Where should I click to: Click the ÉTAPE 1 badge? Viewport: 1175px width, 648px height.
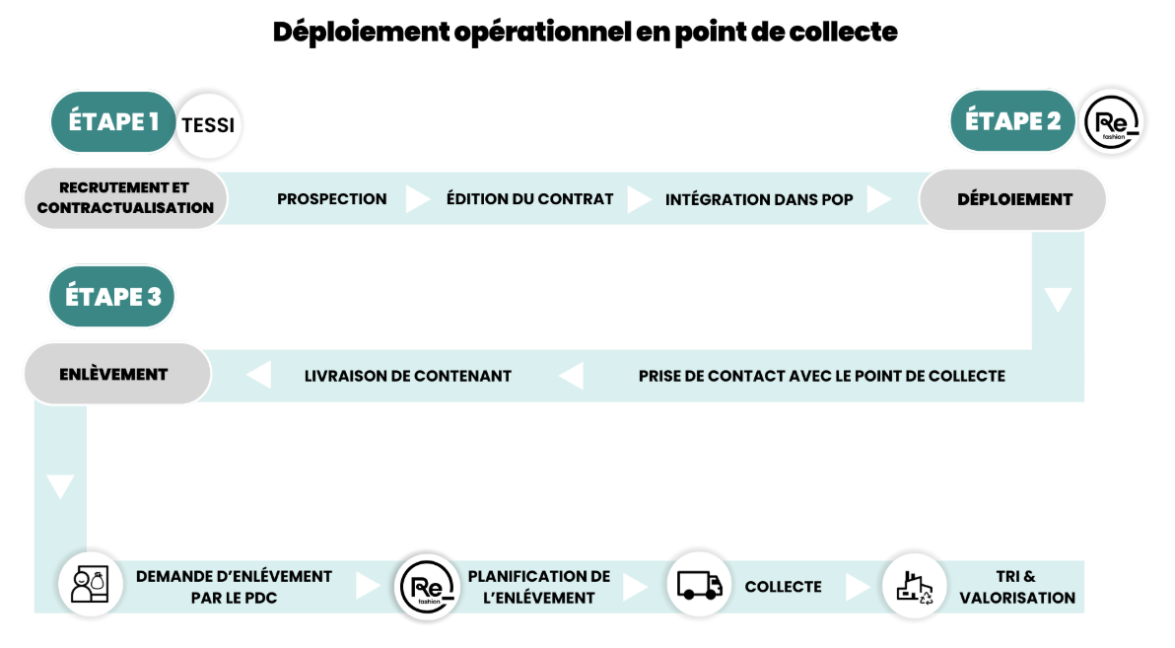(x=113, y=122)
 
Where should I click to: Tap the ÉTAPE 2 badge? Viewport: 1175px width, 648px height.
(x=1012, y=120)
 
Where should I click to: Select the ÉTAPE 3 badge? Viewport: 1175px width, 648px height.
(x=111, y=296)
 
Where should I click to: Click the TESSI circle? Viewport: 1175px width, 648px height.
(x=208, y=125)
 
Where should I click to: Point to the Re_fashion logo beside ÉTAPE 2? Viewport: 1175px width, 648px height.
(x=1113, y=122)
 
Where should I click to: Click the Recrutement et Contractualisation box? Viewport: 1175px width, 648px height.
(x=125, y=198)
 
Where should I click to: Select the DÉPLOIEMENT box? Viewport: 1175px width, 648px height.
(x=1013, y=199)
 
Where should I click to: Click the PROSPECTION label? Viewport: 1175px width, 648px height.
(x=332, y=199)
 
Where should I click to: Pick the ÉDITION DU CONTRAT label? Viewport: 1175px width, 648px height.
(x=529, y=199)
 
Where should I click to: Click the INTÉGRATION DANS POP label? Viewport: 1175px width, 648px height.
(x=759, y=200)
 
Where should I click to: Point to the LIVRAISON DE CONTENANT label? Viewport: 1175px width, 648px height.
(x=408, y=377)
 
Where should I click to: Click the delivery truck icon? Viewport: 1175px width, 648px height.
(x=699, y=585)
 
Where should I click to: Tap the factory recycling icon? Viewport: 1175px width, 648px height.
(x=915, y=586)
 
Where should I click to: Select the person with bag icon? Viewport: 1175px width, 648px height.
(x=91, y=585)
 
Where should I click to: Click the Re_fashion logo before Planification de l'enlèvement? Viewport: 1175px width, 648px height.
(x=427, y=587)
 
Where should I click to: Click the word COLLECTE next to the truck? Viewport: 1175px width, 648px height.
(x=783, y=587)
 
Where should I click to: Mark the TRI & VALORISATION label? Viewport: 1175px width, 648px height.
(x=1017, y=587)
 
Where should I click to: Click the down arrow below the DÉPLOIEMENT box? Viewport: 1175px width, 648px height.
(x=1058, y=299)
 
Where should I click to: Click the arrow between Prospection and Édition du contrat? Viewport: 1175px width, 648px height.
(x=418, y=199)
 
